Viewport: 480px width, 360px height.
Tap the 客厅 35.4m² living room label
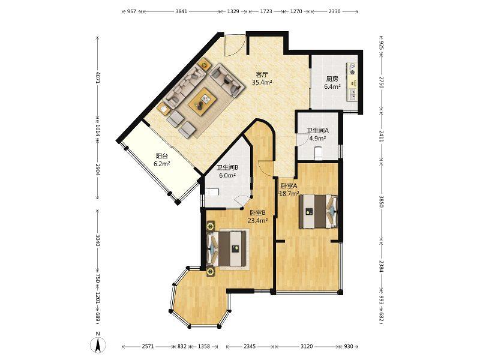pyautogui.click(x=262, y=79)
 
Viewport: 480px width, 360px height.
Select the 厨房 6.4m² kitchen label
pyautogui.click(x=332, y=83)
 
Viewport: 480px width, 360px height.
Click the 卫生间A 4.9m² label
pyautogui.click(x=318, y=134)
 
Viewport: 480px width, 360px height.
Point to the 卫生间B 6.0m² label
pyautogui.click(x=227, y=172)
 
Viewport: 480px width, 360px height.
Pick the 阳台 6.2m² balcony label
pyautogui.click(x=162, y=160)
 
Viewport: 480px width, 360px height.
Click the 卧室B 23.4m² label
pyautogui.click(x=258, y=217)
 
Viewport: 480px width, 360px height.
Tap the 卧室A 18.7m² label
pyautogui.click(x=289, y=190)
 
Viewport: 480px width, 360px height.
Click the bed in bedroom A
pyautogui.click(x=319, y=212)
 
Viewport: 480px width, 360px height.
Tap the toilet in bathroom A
pyautogui.click(x=319, y=152)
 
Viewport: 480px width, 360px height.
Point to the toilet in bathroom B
pyautogui.click(x=212, y=192)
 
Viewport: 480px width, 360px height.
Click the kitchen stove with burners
pyautogui.click(x=352, y=69)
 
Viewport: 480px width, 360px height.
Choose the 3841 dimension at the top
pyautogui.click(x=181, y=11)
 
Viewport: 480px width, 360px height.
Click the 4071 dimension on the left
pyautogui.click(x=98, y=77)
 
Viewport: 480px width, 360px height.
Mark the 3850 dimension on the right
pyautogui.click(x=382, y=202)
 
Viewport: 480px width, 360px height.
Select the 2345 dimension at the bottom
pyautogui.click(x=250, y=347)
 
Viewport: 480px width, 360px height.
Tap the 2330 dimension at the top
pyautogui.click(x=334, y=11)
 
